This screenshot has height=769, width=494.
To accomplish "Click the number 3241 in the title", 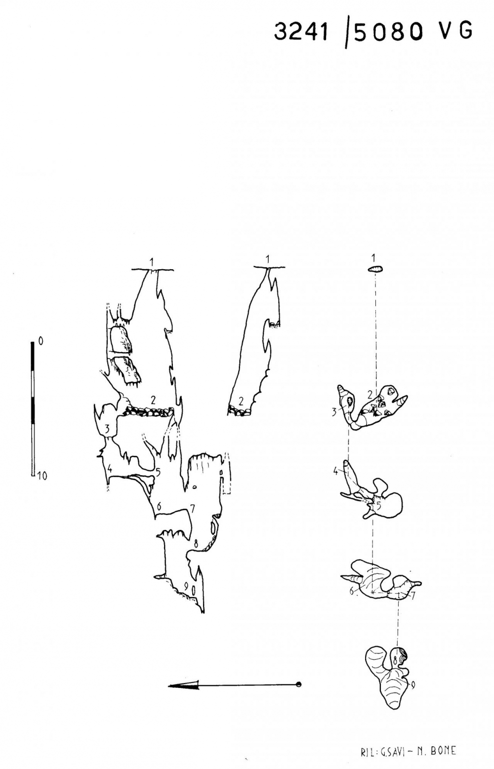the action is tap(300, 32).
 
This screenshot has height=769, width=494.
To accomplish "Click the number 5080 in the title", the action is tap(388, 33).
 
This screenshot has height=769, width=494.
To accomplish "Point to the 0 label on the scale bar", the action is tap(41, 341).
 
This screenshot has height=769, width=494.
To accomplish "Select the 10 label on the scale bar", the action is tap(42, 476).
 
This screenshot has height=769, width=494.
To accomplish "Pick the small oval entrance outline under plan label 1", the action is tap(375, 269).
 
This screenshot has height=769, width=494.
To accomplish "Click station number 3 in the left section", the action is tap(108, 429).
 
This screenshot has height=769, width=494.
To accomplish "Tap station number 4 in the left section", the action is tap(110, 467).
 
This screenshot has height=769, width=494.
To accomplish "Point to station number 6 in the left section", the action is tap(159, 506).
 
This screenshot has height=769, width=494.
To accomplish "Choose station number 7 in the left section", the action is tap(192, 509).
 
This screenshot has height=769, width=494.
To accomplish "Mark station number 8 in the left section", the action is tap(196, 543).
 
